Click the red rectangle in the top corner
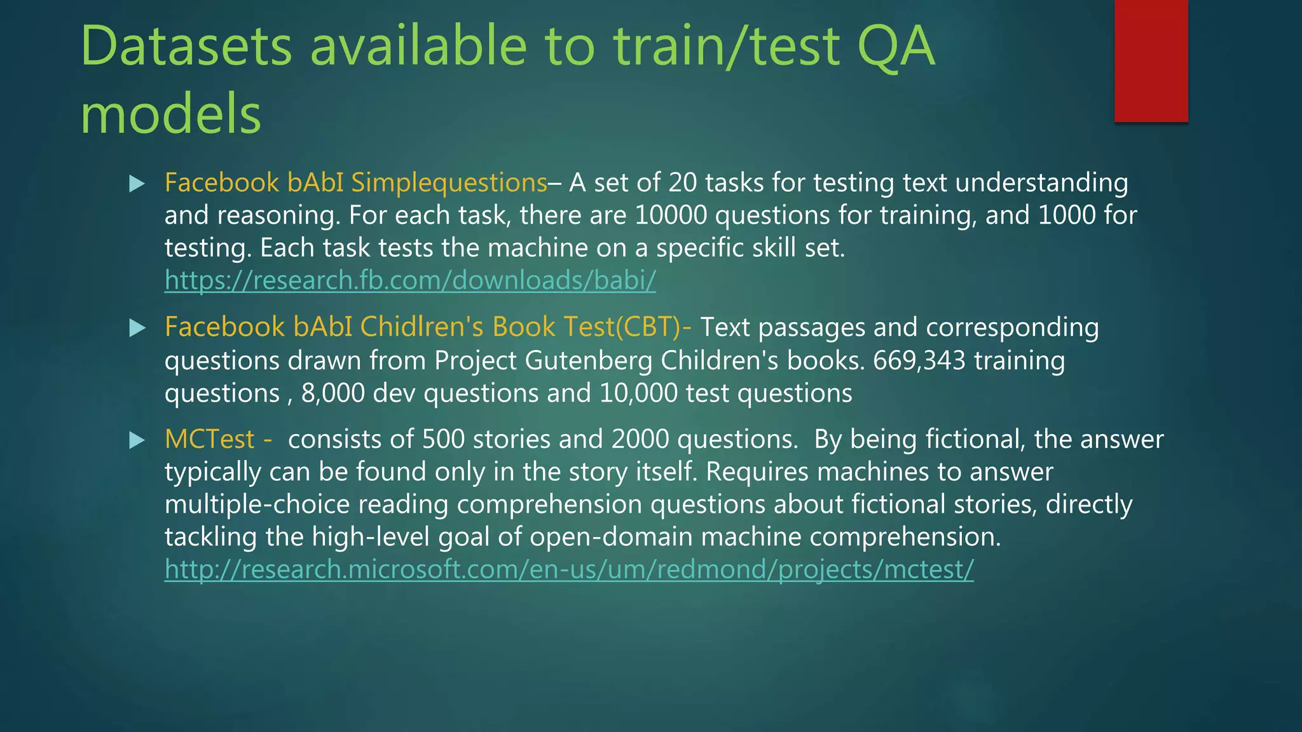(x=1151, y=60)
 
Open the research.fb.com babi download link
(x=410, y=280)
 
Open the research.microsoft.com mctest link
(x=569, y=569)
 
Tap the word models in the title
(x=171, y=114)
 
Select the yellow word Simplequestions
(x=449, y=183)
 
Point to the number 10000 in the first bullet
(x=671, y=215)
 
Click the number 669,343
(x=919, y=361)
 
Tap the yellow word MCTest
(x=209, y=440)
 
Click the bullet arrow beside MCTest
(x=137, y=440)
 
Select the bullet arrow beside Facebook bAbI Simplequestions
(x=137, y=184)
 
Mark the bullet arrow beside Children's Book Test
(x=137, y=328)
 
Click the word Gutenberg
(x=589, y=361)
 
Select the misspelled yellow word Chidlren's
(x=422, y=327)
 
